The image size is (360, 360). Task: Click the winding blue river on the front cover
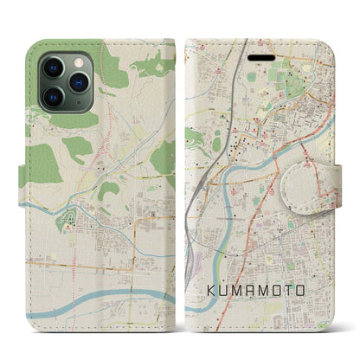tap(232, 177)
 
